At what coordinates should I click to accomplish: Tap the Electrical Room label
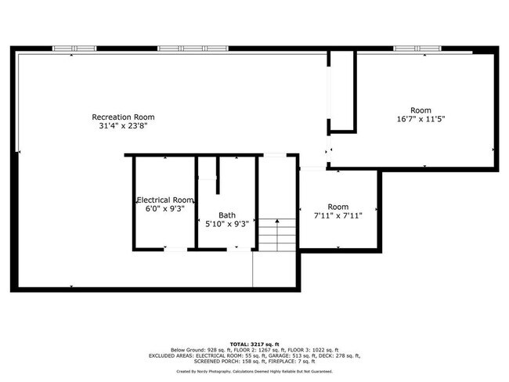(x=164, y=200)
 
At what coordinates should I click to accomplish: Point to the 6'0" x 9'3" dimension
(x=164, y=208)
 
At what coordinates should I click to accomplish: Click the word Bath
(x=226, y=215)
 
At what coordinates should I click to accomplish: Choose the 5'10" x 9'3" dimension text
(x=226, y=224)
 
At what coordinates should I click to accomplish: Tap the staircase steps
(x=275, y=234)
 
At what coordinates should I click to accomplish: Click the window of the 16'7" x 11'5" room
(x=417, y=49)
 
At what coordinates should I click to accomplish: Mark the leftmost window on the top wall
(x=71, y=49)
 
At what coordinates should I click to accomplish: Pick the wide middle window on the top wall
(x=183, y=49)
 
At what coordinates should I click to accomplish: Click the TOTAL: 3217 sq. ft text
(x=254, y=343)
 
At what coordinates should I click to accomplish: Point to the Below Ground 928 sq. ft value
(x=197, y=349)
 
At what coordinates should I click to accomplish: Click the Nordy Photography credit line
(x=254, y=371)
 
